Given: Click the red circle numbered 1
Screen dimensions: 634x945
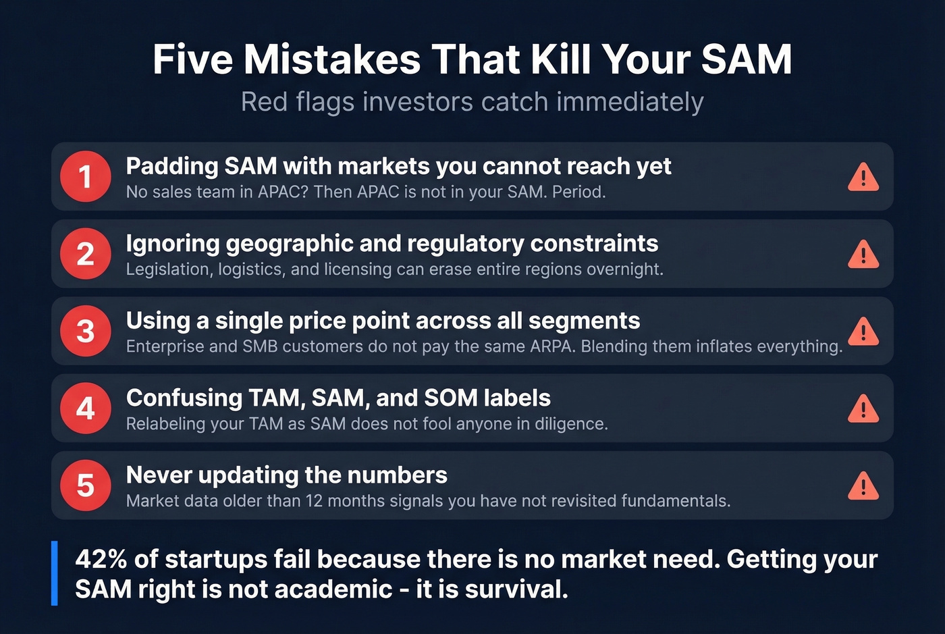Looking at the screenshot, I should (x=85, y=177).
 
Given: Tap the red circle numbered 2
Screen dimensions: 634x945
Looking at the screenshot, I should (x=85, y=254).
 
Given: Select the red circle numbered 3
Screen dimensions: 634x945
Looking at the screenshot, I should (x=85, y=332).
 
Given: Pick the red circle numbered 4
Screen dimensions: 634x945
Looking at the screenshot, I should (x=85, y=408).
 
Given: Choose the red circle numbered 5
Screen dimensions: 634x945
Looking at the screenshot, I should (x=85, y=485).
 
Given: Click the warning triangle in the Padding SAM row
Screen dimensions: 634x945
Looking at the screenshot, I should (x=863, y=177).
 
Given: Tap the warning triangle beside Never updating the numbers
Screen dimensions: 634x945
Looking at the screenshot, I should (x=863, y=486).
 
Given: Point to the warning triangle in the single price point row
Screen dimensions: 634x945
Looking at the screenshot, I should (x=863, y=332).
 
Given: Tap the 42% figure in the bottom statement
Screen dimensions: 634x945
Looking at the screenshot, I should (x=101, y=559).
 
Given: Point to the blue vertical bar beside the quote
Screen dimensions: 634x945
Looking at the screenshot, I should (x=55, y=573).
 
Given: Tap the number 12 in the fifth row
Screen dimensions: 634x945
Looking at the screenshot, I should (x=315, y=501).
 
